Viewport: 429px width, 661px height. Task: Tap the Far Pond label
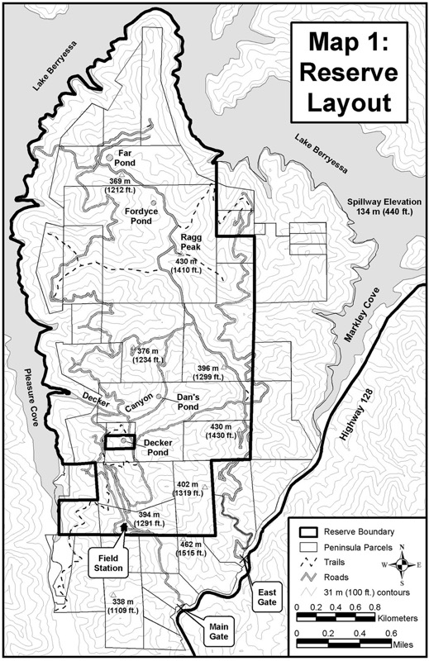pos(126,159)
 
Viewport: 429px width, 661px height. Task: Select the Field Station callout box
pos(107,563)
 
